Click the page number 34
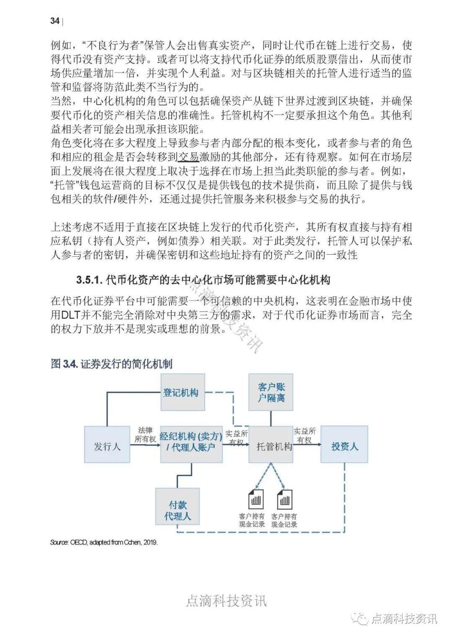[55, 21]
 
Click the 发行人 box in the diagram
[107, 446]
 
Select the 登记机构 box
[181, 392]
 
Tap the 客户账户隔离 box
[271, 392]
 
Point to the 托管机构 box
[274, 446]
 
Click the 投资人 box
[344, 446]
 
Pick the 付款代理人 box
[177, 510]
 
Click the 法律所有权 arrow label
[145, 435]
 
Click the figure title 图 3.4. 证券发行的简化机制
[112, 364]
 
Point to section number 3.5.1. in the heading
[89, 280]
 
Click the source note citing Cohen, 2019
[103, 542]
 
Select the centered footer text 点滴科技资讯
[226, 601]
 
